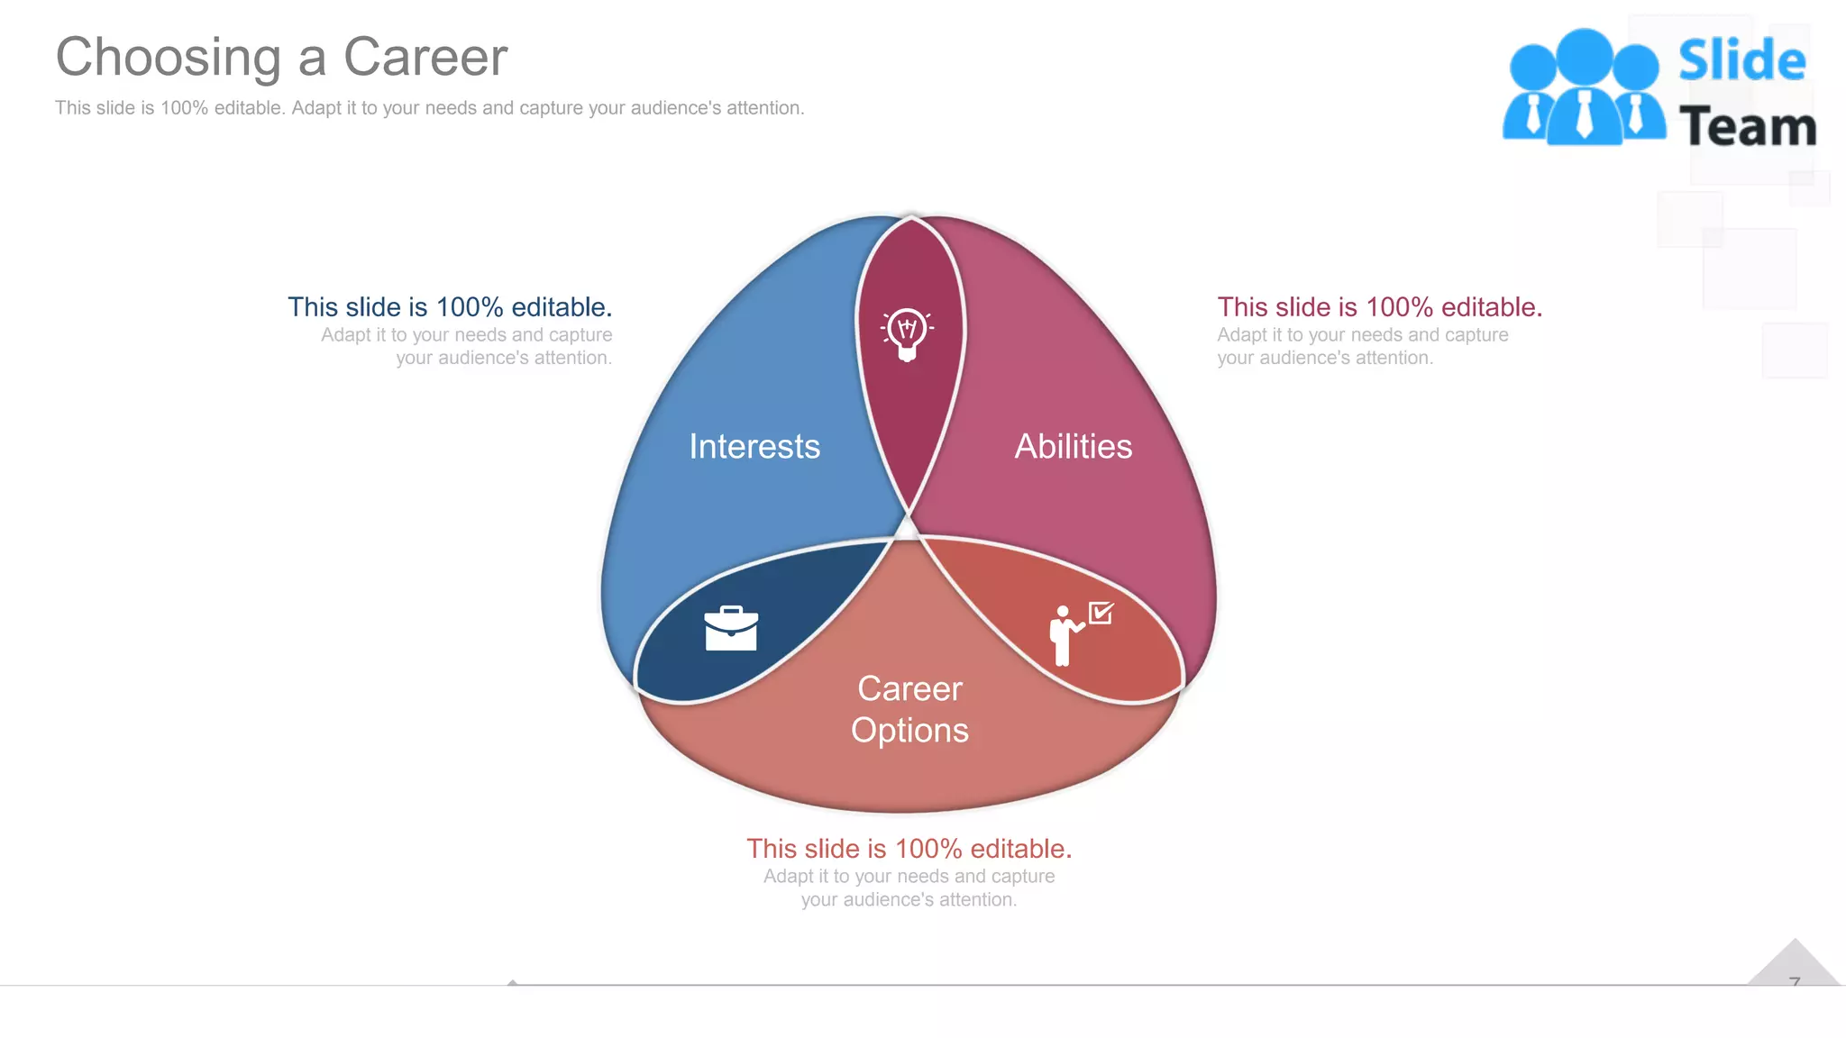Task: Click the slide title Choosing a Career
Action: [x=281, y=58]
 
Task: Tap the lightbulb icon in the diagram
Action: [x=907, y=334]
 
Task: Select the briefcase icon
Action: [x=731, y=628]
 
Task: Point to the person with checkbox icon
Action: [x=1079, y=633]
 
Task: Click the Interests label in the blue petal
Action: [x=754, y=447]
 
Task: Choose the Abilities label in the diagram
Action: [x=1073, y=447]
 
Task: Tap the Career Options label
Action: [x=909, y=709]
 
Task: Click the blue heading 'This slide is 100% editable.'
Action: [x=450, y=307]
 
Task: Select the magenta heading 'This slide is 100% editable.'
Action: [x=1379, y=307]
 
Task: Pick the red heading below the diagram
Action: [x=909, y=849]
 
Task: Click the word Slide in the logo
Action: [x=1741, y=61]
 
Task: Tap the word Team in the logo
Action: [x=1747, y=127]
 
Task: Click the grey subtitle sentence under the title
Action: [x=429, y=108]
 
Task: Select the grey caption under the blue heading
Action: [x=468, y=347]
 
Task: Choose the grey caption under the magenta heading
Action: [x=1361, y=347]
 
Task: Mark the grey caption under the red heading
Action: [x=909, y=888]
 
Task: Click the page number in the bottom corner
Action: [x=1795, y=981]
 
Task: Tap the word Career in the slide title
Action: [x=425, y=58]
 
